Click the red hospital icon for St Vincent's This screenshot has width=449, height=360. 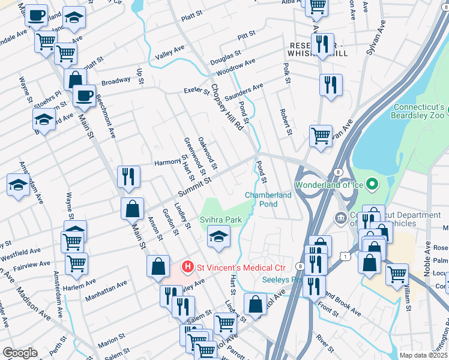(188, 266)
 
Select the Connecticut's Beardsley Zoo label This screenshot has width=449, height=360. (418, 111)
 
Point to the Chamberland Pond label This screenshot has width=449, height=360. (268, 199)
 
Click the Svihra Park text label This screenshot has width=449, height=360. (221, 220)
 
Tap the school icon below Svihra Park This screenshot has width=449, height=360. (218, 236)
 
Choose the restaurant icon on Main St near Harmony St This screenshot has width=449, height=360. (128, 176)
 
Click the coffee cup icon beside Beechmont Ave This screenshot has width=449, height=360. (84, 95)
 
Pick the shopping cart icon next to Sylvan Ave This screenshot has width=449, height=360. (321, 135)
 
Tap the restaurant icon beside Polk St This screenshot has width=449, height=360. (330, 85)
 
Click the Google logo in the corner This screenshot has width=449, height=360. (20, 353)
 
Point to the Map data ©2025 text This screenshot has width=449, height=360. (423, 355)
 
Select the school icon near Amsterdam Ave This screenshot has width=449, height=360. (17, 184)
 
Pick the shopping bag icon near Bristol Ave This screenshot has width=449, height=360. (255, 304)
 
